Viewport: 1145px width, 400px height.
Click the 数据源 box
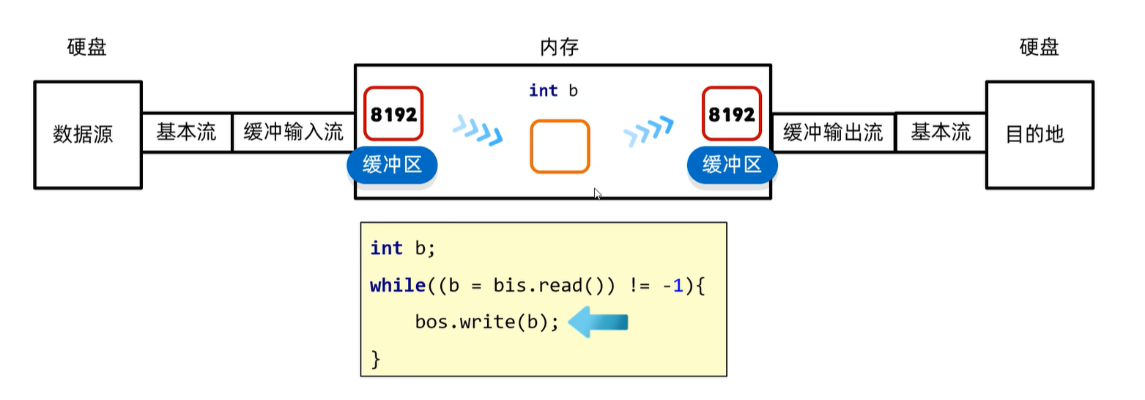click(87, 135)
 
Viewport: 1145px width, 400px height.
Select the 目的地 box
click(1039, 135)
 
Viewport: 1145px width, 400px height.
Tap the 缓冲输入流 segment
click(293, 133)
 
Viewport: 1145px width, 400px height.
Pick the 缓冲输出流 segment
click(833, 133)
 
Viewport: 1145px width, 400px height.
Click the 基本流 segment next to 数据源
click(186, 133)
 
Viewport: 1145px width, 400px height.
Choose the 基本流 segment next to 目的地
click(941, 133)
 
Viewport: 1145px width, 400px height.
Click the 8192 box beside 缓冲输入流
click(394, 114)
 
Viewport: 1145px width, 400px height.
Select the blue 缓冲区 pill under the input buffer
click(392, 165)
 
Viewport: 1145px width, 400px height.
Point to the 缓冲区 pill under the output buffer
click(732, 165)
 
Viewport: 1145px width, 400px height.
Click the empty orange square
click(560, 147)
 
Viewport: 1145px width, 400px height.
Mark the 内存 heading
click(560, 48)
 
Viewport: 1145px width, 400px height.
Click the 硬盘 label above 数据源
click(87, 48)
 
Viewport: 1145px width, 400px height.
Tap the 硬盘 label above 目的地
click(1039, 48)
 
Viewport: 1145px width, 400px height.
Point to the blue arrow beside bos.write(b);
click(599, 322)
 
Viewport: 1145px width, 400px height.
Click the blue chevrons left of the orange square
click(478, 130)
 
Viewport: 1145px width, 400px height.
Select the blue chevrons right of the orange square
click(648, 131)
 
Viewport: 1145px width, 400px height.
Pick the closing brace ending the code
click(377, 360)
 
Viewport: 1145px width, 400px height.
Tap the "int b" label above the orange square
click(553, 90)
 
